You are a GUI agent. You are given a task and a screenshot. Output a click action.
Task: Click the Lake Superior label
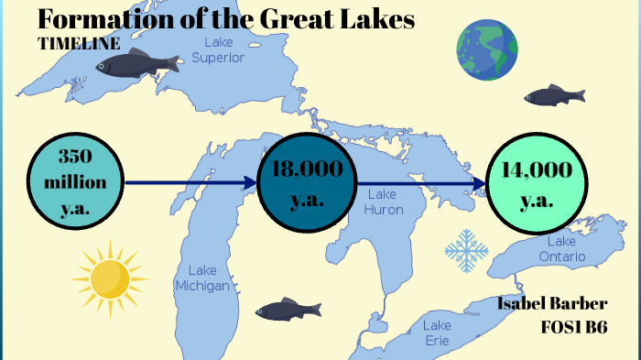[218, 50]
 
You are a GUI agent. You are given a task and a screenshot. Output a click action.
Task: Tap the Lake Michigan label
[203, 278]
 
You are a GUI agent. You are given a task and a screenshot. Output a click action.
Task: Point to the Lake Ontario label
[561, 248]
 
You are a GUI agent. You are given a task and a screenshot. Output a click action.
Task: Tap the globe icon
[487, 49]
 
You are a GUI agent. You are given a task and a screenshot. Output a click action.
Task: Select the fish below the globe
[554, 94]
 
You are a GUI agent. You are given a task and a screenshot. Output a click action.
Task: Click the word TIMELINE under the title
[80, 43]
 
